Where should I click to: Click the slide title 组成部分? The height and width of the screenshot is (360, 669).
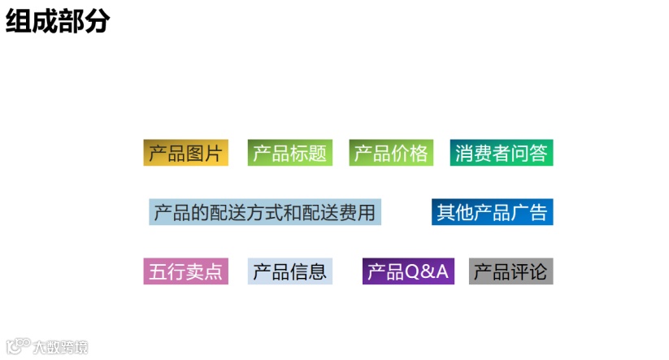click(x=58, y=21)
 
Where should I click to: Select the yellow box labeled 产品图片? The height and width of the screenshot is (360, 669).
click(x=185, y=153)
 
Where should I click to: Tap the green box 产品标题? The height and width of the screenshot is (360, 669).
click(x=289, y=153)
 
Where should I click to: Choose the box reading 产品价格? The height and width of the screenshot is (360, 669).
click(x=391, y=153)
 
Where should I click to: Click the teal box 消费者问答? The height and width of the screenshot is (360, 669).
click(x=502, y=153)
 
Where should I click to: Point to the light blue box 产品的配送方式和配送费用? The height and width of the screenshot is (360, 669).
click(x=265, y=212)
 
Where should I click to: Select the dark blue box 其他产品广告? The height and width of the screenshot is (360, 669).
click(x=493, y=212)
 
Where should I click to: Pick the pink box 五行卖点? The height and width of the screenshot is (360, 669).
click(x=185, y=271)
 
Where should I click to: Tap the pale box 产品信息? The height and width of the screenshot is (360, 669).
click(x=290, y=271)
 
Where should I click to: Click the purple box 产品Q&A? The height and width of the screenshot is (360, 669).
click(x=408, y=271)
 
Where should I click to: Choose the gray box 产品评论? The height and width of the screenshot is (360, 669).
click(x=510, y=271)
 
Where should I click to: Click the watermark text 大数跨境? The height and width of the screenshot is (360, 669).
click(x=60, y=347)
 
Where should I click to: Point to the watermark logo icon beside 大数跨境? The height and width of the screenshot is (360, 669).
click(x=18, y=346)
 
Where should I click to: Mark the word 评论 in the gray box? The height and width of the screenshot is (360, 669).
click(x=529, y=271)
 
